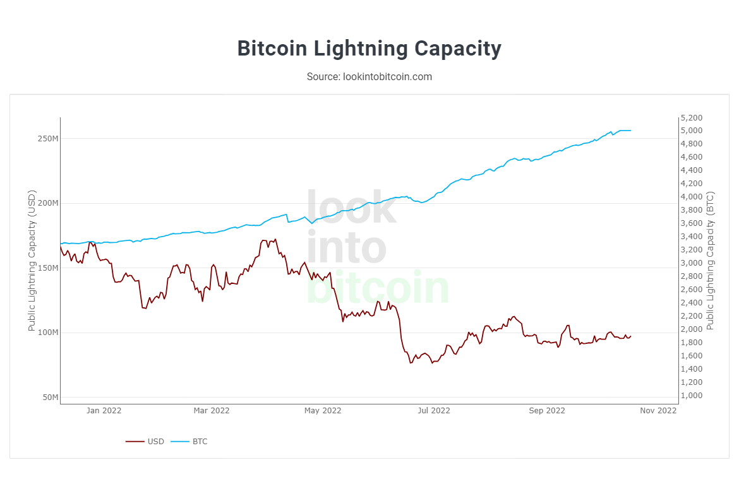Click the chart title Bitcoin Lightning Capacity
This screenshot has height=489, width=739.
(x=369, y=49)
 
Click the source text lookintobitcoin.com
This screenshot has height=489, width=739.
(x=369, y=76)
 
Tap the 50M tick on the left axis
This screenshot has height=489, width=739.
(x=50, y=398)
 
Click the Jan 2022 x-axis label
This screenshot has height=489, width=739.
(x=104, y=411)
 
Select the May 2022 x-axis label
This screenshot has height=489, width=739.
(x=323, y=411)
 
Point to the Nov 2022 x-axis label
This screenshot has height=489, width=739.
(x=658, y=411)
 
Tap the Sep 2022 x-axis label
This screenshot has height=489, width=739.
(x=547, y=411)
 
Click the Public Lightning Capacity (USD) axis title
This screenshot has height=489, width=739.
(x=32, y=261)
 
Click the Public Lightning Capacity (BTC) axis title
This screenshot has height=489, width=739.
(x=710, y=261)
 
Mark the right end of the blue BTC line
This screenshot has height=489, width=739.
(x=630, y=131)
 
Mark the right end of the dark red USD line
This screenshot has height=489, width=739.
(x=630, y=336)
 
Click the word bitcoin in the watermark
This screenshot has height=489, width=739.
(x=378, y=288)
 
